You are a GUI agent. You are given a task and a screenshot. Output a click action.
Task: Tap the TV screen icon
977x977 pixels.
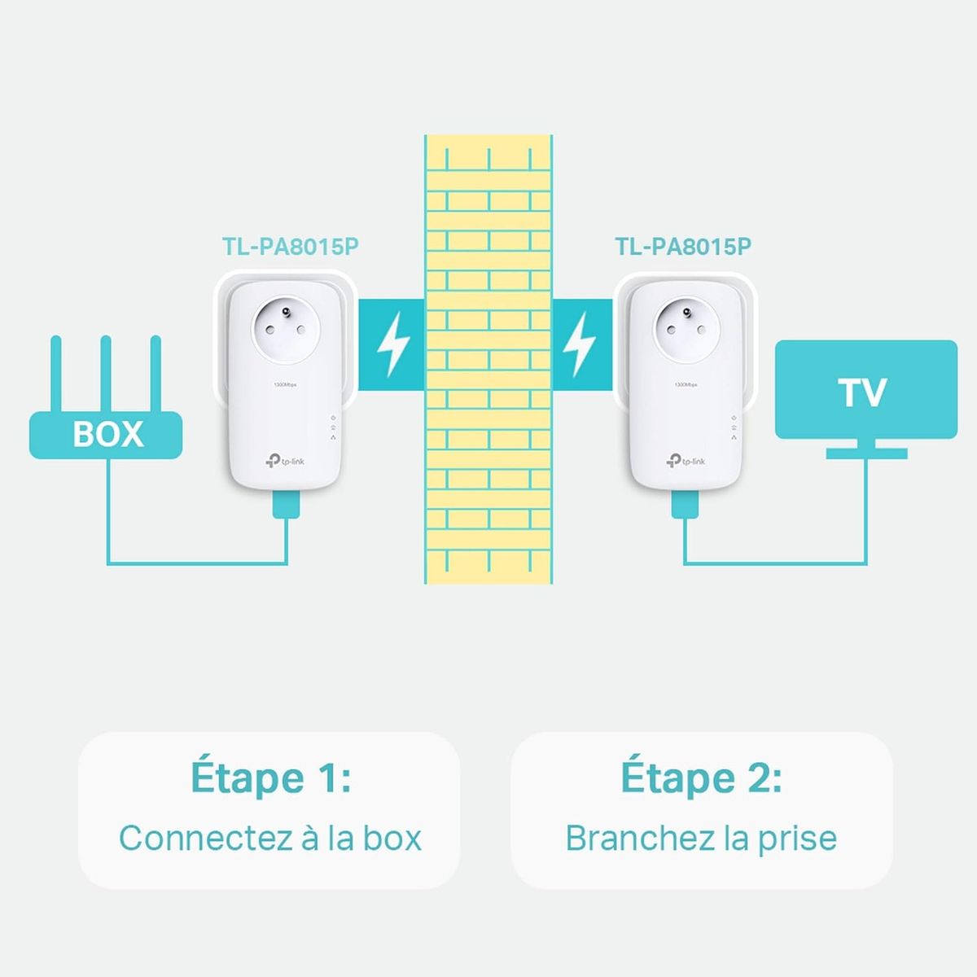coord(865,390)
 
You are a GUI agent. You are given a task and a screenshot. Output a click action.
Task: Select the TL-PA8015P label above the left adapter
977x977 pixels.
coord(291,247)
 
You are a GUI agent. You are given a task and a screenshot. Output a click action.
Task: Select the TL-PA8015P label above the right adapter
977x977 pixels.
coord(683,247)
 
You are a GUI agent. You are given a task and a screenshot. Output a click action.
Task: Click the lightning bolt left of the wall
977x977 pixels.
coord(392,345)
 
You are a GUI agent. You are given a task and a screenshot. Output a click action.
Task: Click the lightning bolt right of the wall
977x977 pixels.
coord(581,345)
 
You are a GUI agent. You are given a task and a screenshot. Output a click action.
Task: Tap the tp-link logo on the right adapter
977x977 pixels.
coord(686,462)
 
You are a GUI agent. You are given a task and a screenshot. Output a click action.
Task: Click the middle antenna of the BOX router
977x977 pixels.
coord(105,374)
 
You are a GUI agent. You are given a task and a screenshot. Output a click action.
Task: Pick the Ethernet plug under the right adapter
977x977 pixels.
coord(685,506)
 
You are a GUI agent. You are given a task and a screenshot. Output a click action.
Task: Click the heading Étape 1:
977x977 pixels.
coord(270,778)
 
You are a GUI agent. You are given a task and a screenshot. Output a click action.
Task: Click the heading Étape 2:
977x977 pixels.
coord(701,778)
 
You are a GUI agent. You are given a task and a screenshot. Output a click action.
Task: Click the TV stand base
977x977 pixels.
coord(866,453)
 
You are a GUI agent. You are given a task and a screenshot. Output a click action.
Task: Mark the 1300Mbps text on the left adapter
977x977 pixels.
coord(286,384)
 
